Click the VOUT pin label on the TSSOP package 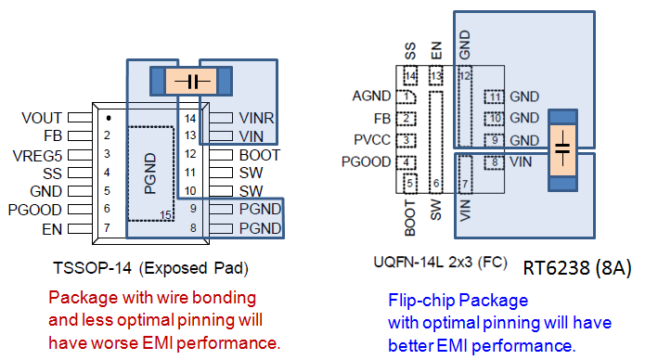coord(42,119)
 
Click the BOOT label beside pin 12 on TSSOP coord(260,155)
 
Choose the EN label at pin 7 coord(51,228)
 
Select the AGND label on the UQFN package coord(371,96)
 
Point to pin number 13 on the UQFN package coord(435,75)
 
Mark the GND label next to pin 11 coord(524,96)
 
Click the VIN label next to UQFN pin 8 coord(521,162)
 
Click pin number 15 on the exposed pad coord(165,213)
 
